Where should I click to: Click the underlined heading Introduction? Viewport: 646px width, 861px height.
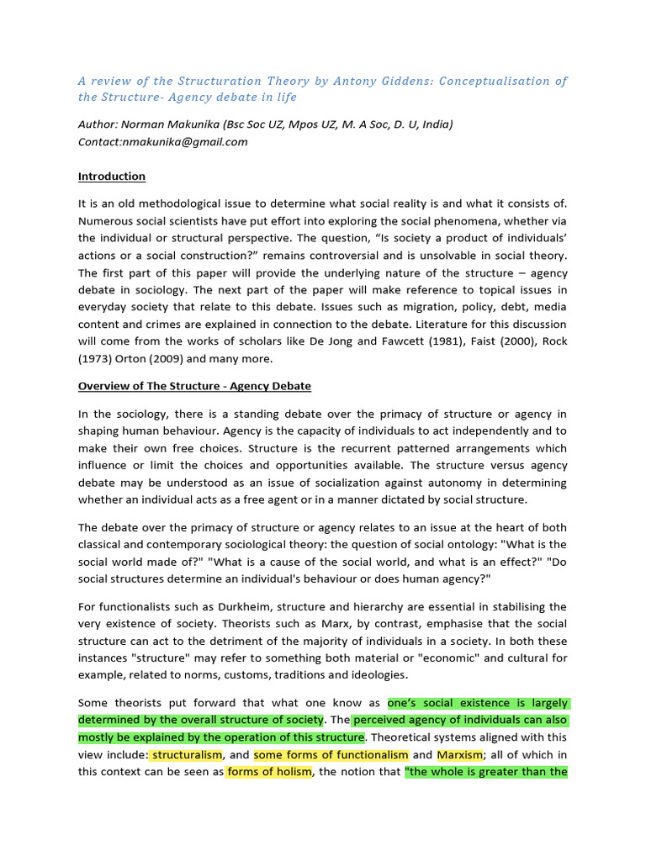pos(112,177)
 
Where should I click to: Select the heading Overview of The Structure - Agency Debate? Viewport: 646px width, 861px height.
pos(194,386)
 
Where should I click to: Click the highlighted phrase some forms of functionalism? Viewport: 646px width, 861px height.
pos(331,755)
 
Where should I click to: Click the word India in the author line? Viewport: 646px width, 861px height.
pos(437,124)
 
